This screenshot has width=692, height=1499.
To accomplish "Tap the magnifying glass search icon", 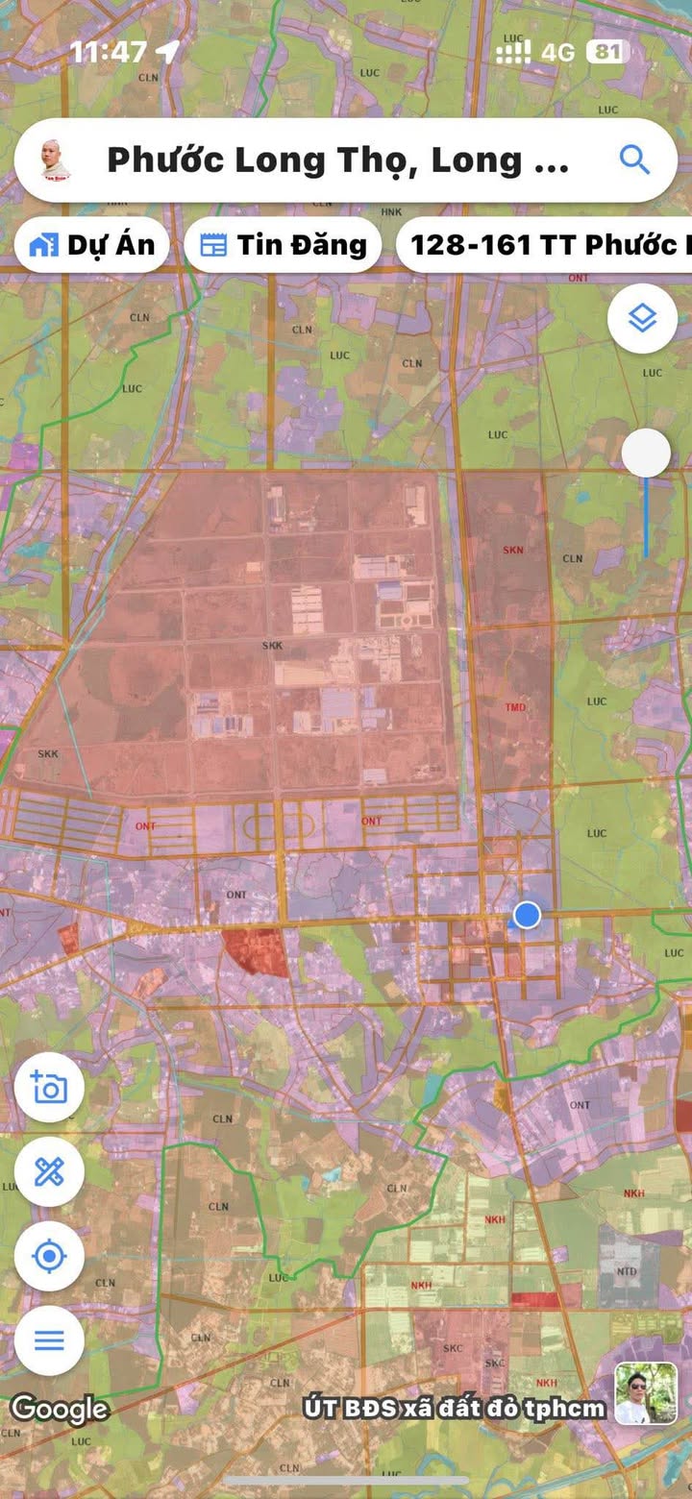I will click(x=634, y=160).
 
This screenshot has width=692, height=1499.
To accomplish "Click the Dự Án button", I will click(x=92, y=245).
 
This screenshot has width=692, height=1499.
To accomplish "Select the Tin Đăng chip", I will click(x=284, y=245).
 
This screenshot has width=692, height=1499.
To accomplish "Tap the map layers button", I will click(x=642, y=318).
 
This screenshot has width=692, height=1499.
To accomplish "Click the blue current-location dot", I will click(x=527, y=916).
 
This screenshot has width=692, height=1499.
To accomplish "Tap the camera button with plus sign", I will click(x=49, y=1088).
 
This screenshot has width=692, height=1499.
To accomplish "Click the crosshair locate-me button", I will click(x=49, y=1256).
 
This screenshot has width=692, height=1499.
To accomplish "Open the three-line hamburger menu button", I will click(x=49, y=1339).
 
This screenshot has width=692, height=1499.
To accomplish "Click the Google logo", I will click(x=60, y=1409).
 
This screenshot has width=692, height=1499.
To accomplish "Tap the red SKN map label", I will click(x=513, y=551).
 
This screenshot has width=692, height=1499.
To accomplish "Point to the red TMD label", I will click(x=515, y=707).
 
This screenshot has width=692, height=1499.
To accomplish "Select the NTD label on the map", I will click(x=627, y=1271).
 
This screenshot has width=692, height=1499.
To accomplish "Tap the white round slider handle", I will click(x=646, y=453).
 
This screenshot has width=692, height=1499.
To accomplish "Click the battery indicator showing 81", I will click(x=607, y=51).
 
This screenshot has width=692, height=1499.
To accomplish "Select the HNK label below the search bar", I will click(x=391, y=211).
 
